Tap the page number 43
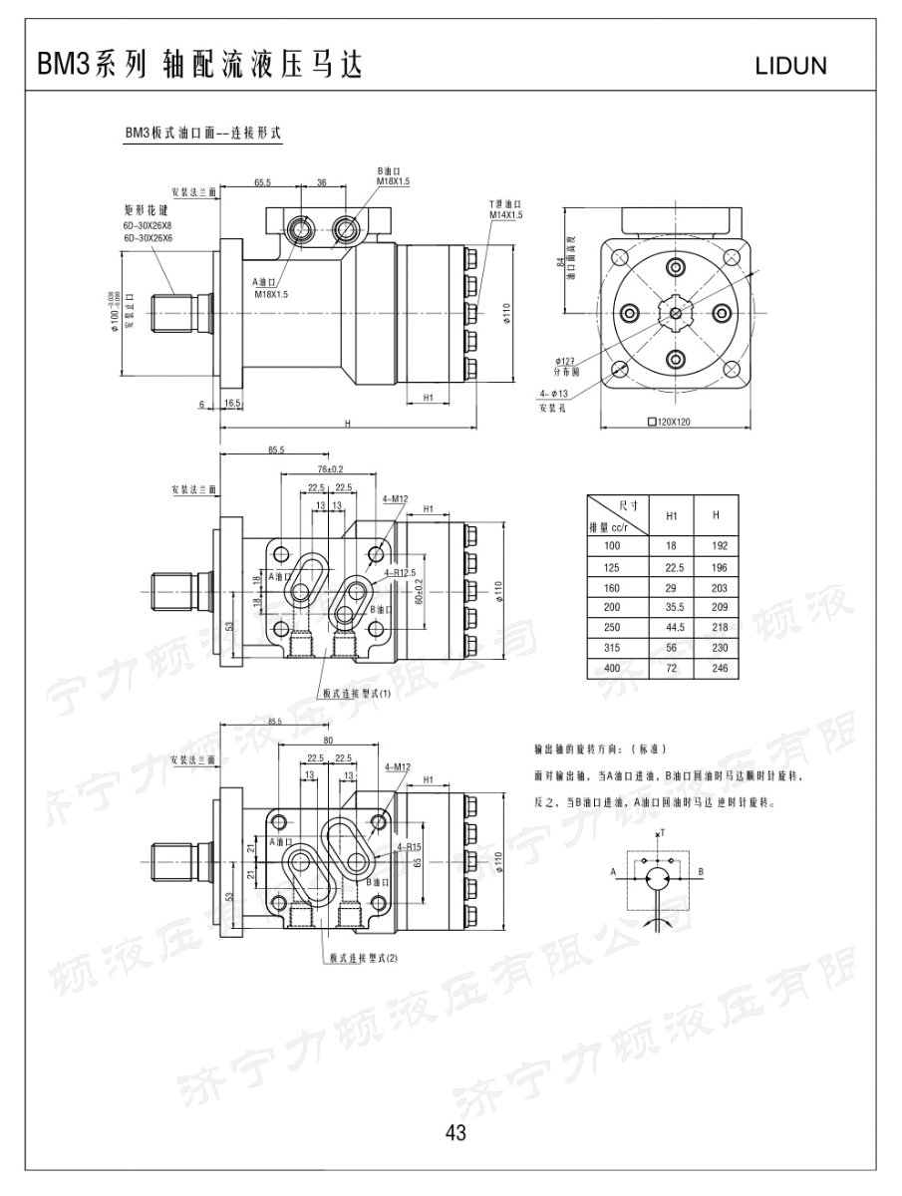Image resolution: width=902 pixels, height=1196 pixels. point(456,1131)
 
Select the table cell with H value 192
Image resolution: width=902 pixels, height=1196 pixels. point(720,545)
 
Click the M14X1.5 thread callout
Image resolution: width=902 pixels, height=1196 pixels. point(505,214)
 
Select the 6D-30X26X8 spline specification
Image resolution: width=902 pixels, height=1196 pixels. point(148,227)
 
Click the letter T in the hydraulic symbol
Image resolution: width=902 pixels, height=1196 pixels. point(660,831)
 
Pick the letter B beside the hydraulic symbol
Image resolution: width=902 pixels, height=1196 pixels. point(702,872)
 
